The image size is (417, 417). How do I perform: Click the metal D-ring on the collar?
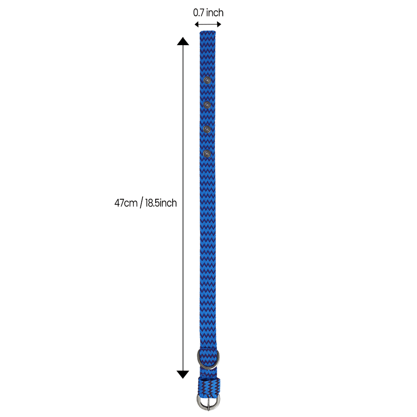[x=208, y=359]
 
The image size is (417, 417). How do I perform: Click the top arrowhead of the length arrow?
[x=183, y=41]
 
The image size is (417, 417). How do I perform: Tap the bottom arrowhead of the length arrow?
[x=183, y=374]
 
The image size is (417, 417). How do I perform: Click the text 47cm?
[x=126, y=203]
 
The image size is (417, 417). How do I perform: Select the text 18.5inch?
[x=161, y=203]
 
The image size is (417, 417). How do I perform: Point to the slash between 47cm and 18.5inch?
[x=141, y=203]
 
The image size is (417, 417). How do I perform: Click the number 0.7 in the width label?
[x=199, y=13]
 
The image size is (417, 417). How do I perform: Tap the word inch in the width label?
[x=215, y=13]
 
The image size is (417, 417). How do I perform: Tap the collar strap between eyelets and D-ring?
[x=208, y=252]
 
